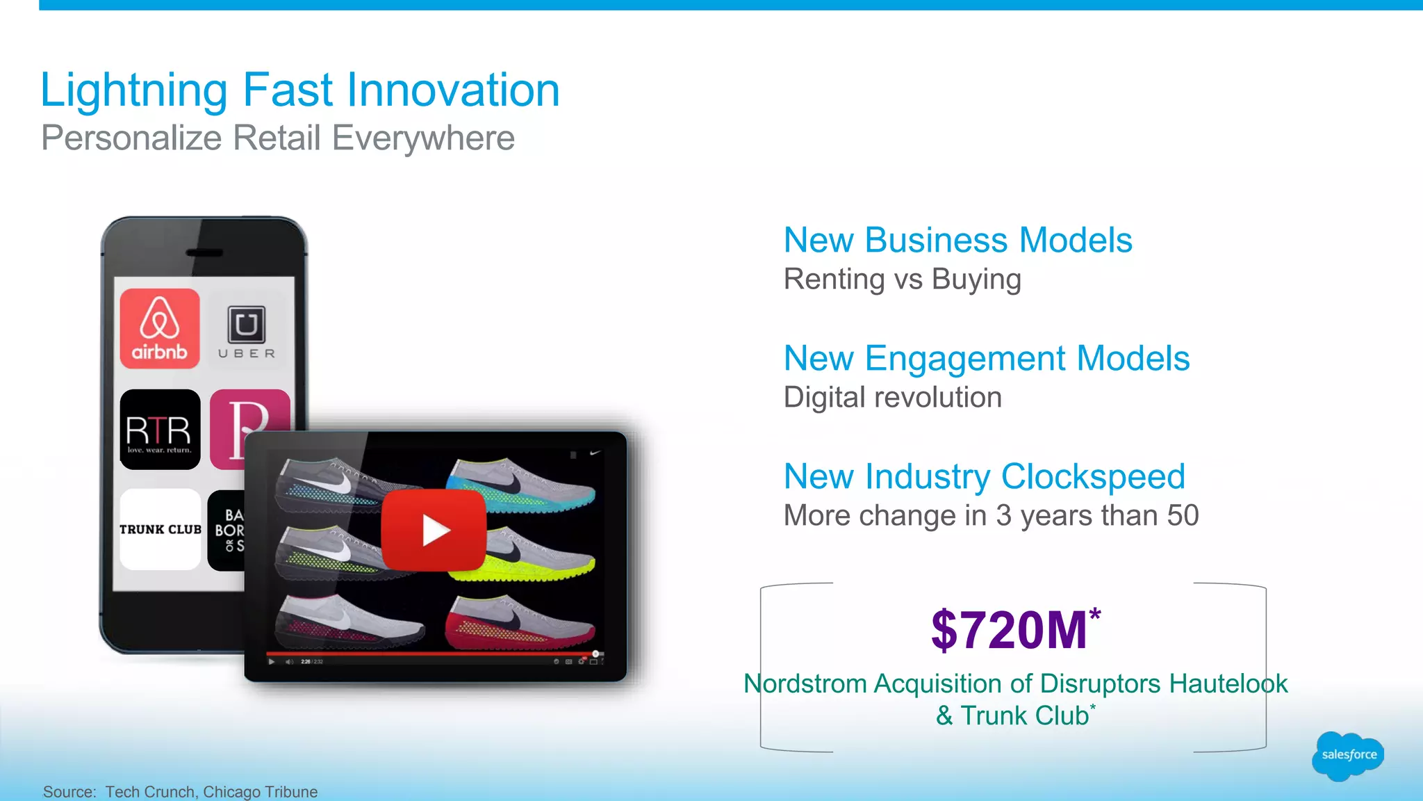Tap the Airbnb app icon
[160, 328]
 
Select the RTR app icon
[160, 430]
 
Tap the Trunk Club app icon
[160, 529]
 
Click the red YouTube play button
[434, 530]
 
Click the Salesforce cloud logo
[1348, 755]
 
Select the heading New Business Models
[957, 241]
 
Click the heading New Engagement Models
[986, 359]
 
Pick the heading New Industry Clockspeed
[984, 477]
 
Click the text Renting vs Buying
[902, 280]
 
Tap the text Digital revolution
[892, 398]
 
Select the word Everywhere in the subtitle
[423, 138]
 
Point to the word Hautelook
[1228, 683]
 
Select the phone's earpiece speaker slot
[205, 252]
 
